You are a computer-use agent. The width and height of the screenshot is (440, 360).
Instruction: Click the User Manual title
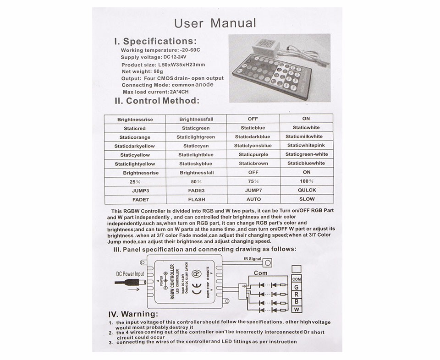[215, 23]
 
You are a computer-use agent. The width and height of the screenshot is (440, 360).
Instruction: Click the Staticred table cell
[134, 128]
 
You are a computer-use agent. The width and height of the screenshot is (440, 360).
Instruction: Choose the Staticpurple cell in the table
[253, 155]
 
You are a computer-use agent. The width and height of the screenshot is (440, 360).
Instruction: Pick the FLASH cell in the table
[196, 200]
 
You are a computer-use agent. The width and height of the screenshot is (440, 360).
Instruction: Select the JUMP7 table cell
[253, 190]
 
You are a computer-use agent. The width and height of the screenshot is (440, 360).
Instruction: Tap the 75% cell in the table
[253, 181]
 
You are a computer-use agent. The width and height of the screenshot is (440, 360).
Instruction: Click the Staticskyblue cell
[196, 164]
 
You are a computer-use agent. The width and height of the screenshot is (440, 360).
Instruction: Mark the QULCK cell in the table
[307, 190]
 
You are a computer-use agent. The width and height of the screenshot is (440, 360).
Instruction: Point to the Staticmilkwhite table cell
[304, 136]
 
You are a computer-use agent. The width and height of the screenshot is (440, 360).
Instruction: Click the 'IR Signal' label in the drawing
[252, 259]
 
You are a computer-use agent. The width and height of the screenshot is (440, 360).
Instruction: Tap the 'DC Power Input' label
[130, 274]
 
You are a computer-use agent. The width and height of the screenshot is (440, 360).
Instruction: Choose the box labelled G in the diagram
[296, 287]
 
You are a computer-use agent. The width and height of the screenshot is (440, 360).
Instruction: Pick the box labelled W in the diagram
[296, 309]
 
